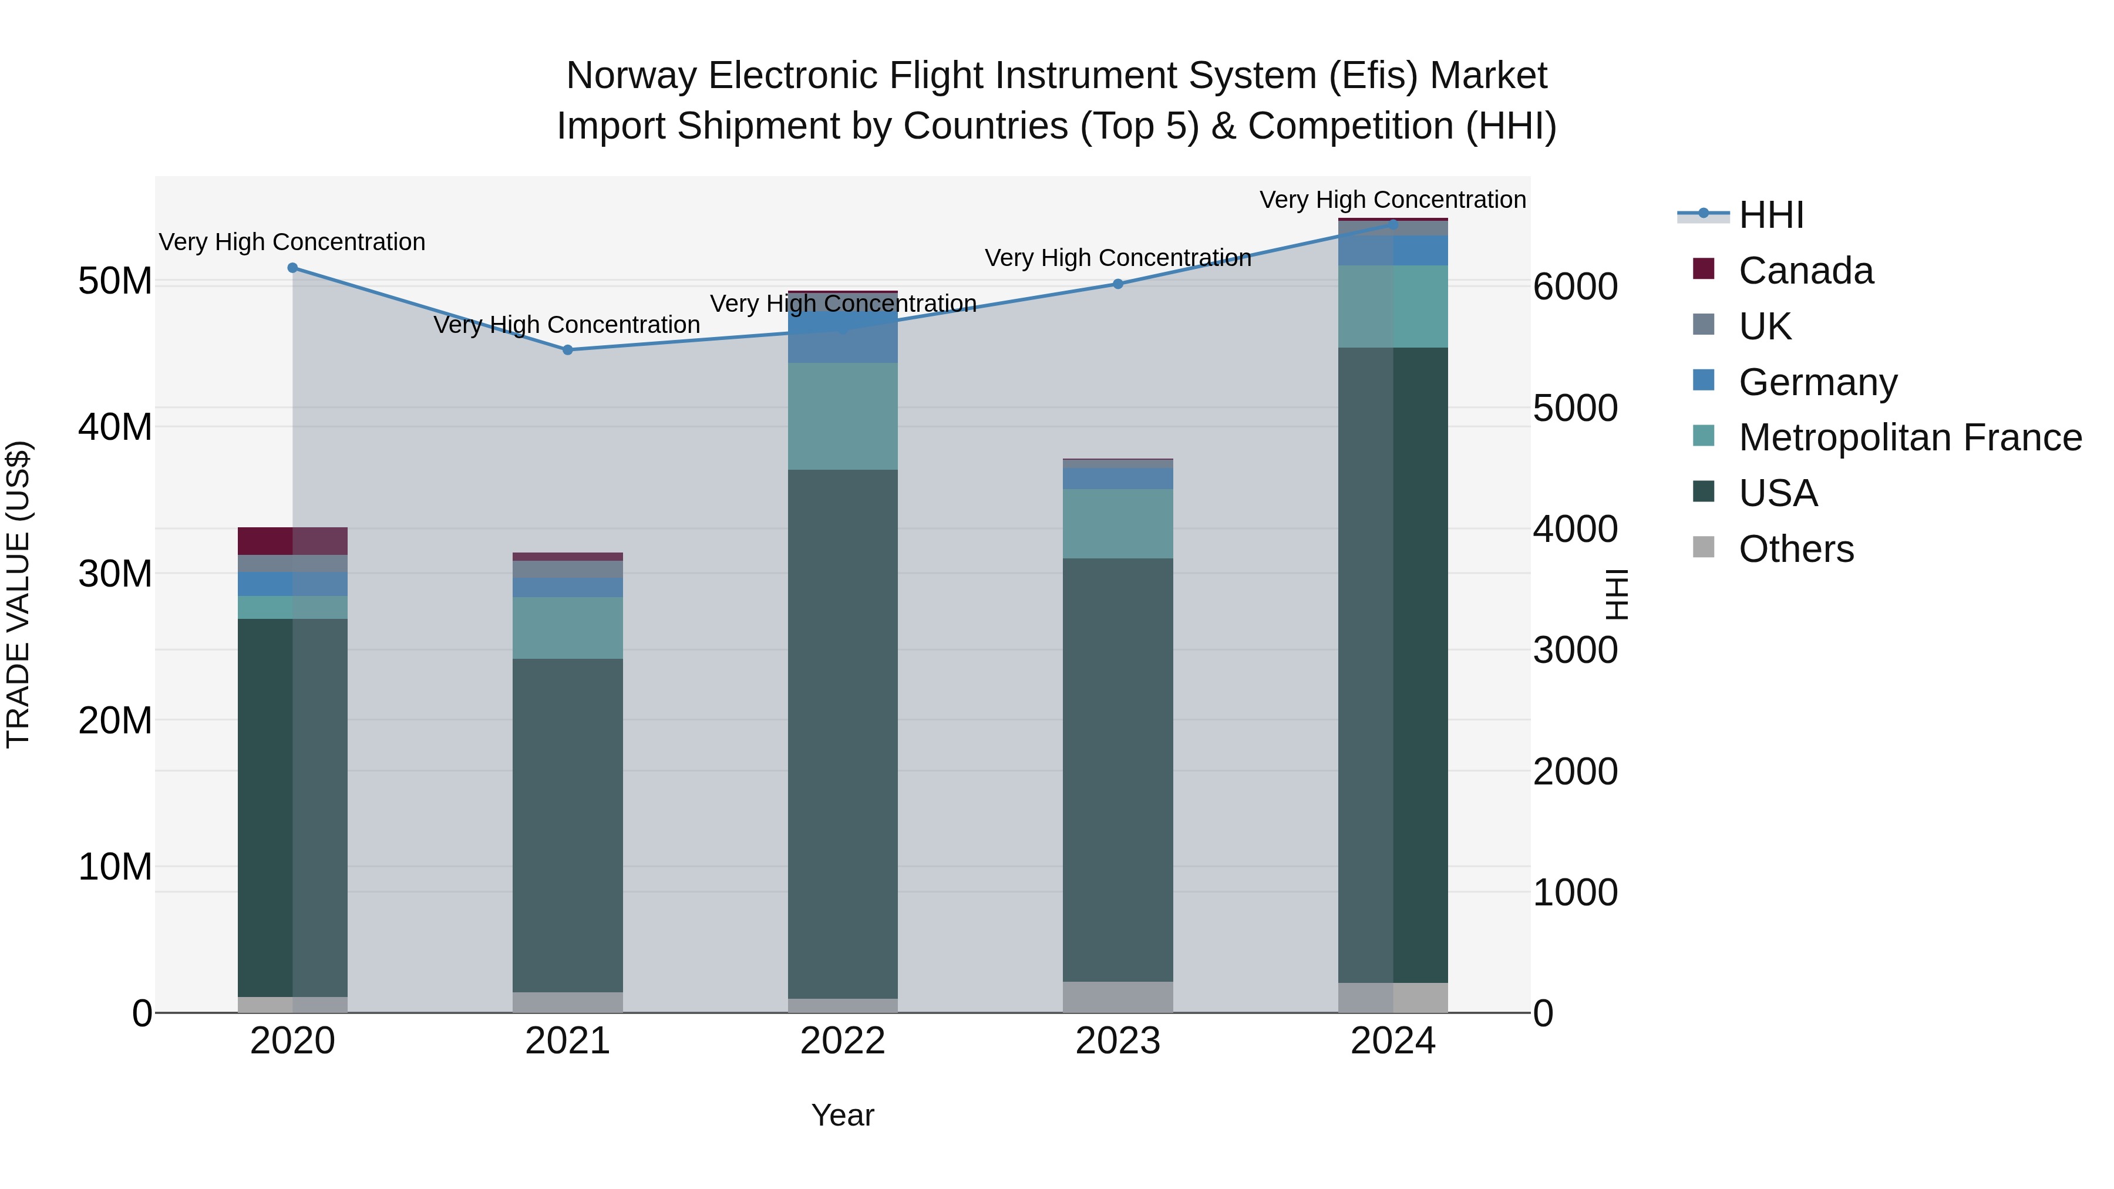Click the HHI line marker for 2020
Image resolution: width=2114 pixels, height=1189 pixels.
tap(292, 268)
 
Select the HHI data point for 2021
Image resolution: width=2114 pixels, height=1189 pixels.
tap(567, 349)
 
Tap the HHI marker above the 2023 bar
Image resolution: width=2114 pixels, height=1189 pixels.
tap(1117, 284)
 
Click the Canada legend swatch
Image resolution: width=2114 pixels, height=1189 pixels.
tap(1704, 269)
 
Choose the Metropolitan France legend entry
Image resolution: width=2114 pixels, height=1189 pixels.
tap(1910, 437)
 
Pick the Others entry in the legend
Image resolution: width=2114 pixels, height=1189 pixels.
tap(1796, 549)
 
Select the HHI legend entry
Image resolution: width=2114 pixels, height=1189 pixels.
tap(1771, 215)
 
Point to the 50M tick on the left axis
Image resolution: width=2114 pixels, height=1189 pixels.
tap(115, 281)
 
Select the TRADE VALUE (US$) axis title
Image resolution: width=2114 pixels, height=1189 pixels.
tap(18, 595)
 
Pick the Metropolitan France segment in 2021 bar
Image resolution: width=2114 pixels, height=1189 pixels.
tap(567, 628)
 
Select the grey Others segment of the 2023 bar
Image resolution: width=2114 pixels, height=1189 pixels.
tap(1117, 997)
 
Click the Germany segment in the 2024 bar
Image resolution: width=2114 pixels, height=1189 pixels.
tap(1420, 250)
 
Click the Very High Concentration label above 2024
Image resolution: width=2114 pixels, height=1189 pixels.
tap(1393, 200)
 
